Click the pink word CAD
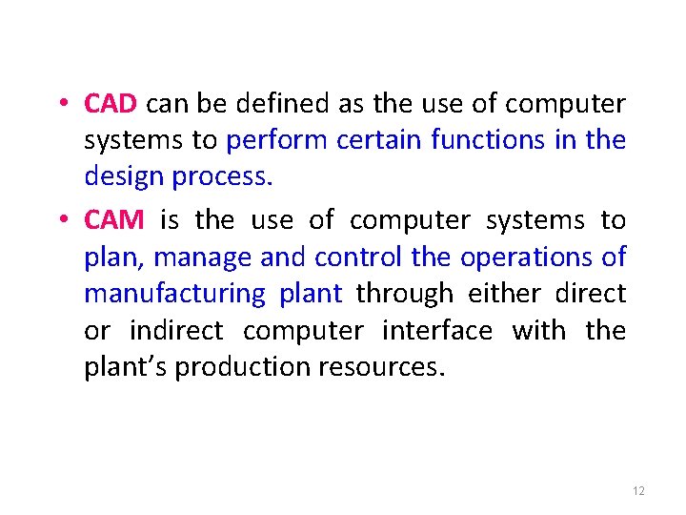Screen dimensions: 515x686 (x=111, y=103)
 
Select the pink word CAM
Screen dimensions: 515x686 (x=113, y=220)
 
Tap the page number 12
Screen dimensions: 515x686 (x=638, y=490)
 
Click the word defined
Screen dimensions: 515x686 (x=277, y=103)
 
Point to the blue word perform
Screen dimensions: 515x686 (x=277, y=140)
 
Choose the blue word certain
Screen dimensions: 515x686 (x=379, y=140)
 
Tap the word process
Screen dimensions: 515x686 (x=218, y=176)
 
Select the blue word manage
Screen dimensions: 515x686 (x=196, y=257)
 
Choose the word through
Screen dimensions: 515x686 (x=405, y=294)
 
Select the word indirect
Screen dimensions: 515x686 (x=175, y=331)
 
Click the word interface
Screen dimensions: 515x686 (x=437, y=331)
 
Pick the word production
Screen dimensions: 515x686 (x=226, y=367)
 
